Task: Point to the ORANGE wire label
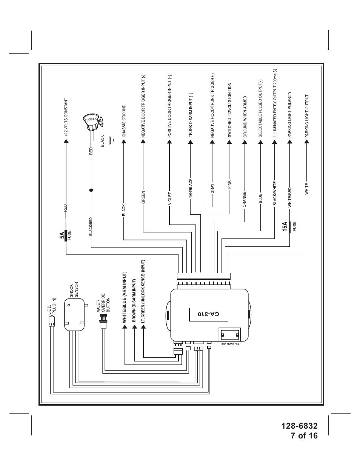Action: (245, 200)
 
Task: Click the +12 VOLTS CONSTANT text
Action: (66, 117)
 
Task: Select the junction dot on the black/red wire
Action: (91, 190)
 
